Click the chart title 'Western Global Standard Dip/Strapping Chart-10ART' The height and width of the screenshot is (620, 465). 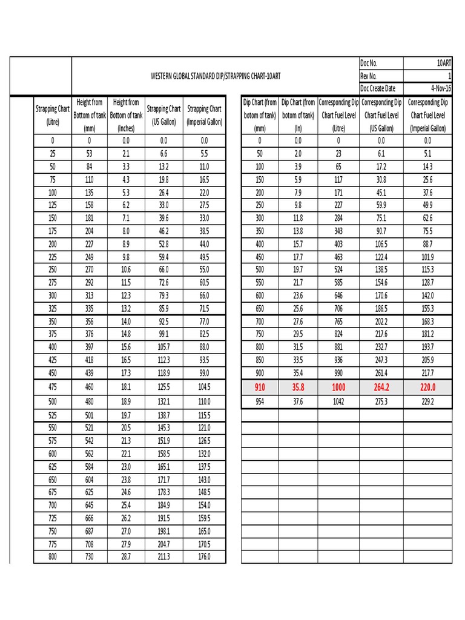point(215,76)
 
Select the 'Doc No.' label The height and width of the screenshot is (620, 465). point(369,64)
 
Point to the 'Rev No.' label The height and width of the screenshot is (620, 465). point(369,76)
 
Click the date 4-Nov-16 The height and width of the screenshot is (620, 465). point(441,88)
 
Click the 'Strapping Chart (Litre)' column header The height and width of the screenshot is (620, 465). point(53,115)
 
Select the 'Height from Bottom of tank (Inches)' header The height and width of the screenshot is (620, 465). point(126,115)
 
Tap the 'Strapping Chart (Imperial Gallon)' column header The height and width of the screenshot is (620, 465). point(205,115)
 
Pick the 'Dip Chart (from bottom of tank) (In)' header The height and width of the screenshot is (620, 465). point(298,115)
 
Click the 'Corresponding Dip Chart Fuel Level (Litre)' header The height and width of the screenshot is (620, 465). point(338,115)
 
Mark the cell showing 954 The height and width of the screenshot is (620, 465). point(260,401)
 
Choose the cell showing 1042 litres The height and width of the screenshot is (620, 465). point(338,401)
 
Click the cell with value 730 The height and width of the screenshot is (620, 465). point(90,556)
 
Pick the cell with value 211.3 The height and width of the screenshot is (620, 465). point(163,556)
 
